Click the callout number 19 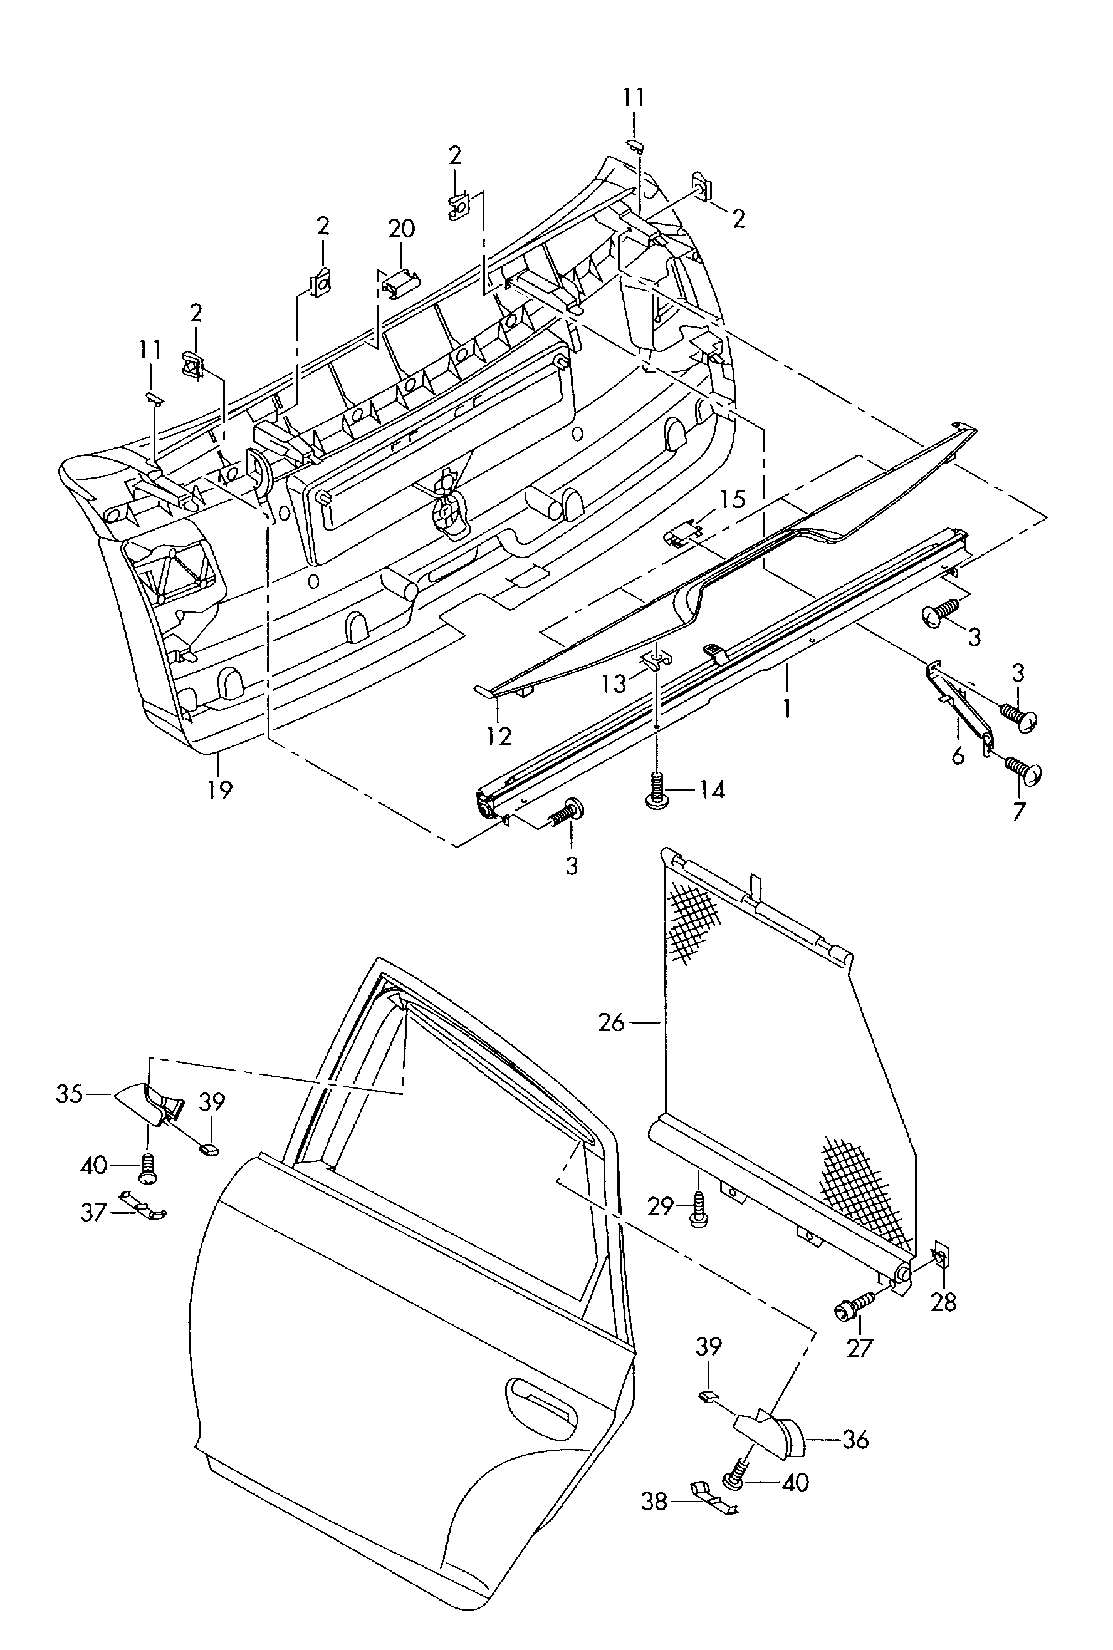[x=219, y=789]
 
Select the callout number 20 [x=401, y=229]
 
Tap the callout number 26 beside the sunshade [x=611, y=1022]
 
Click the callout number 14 [x=712, y=789]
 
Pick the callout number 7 [x=1019, y=811]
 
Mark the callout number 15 [x=733, y=499]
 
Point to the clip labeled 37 [x=143, y=1206]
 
